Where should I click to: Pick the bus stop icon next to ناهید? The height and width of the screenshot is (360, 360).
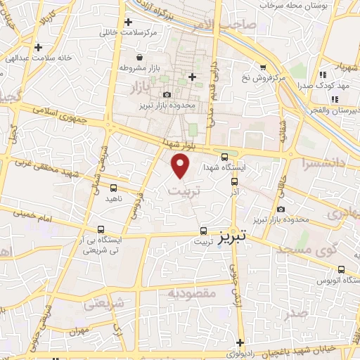114,188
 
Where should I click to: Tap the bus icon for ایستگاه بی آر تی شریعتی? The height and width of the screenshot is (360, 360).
102,229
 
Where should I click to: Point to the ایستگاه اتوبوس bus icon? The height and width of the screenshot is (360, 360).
341,269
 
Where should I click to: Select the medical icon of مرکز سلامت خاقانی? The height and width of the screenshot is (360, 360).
129,22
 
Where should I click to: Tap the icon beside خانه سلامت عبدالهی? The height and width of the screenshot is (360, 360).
38,47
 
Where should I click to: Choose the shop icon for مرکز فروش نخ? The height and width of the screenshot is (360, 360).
263,67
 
